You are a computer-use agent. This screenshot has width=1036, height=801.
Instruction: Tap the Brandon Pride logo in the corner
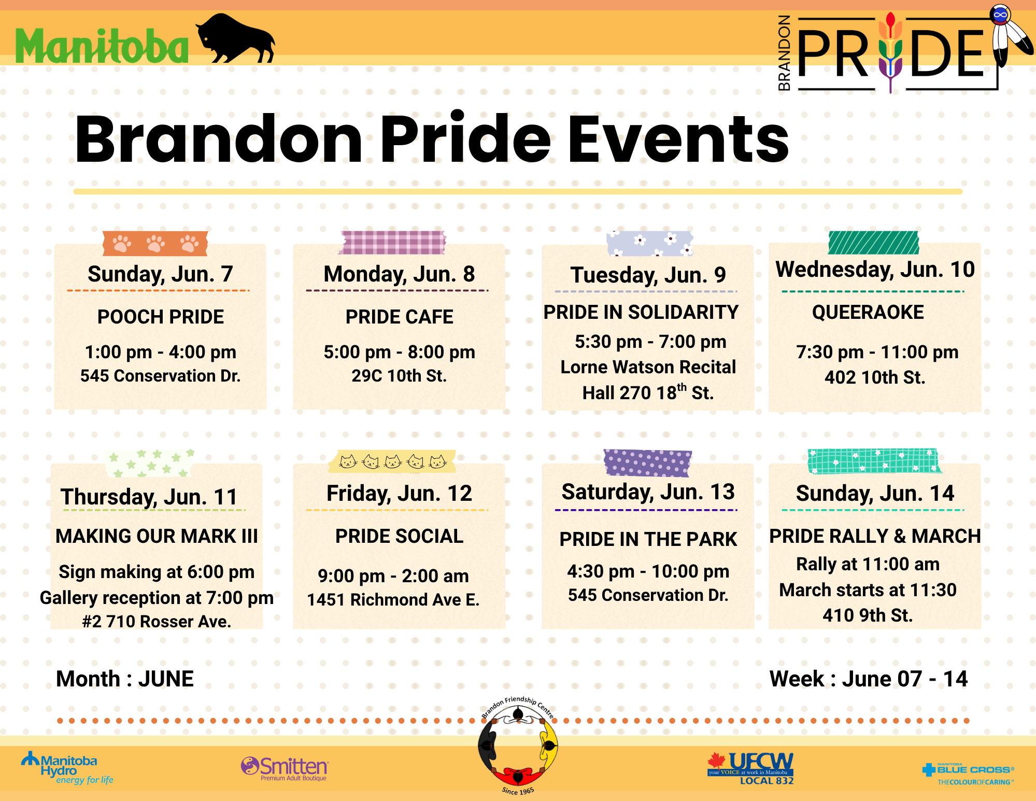[x=904, y=49]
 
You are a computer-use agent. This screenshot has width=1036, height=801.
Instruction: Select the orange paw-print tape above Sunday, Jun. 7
[x=155, y=243]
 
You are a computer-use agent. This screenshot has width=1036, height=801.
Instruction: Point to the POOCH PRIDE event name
[x=161, y=317]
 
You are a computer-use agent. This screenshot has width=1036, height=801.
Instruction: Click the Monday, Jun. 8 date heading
[x=399, y=274]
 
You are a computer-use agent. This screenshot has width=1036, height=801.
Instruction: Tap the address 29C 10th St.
[x=399, y=375]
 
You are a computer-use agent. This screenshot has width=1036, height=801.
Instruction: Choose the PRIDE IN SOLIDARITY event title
[x=641, y=312]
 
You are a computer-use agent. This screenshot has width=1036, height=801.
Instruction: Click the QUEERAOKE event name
[x=868, y=312]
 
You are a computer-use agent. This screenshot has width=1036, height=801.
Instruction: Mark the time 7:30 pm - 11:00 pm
[x=877, y=352]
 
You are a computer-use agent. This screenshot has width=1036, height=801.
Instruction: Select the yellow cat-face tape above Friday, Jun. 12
[x=392, y=461]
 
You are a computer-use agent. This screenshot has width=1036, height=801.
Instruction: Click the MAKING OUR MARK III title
[x=157, y=536]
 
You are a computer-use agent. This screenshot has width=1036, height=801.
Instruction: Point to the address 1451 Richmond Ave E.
[x=393, y=599]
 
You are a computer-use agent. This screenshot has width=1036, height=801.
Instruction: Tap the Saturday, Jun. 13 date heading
[x=648, y=492]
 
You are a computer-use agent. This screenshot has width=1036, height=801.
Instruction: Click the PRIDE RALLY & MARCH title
[x=875, y=536]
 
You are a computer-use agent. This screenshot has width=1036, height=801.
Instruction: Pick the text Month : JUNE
[x=125, y=679]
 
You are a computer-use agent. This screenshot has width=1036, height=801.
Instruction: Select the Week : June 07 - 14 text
[x=869, y=679]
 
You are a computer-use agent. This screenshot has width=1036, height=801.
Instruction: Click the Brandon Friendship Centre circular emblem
[x=518, y=746]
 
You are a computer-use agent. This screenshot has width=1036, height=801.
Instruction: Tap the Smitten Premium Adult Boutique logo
[x=285, y=768]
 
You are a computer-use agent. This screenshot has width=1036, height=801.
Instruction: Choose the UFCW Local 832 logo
[x=750, y=768]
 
